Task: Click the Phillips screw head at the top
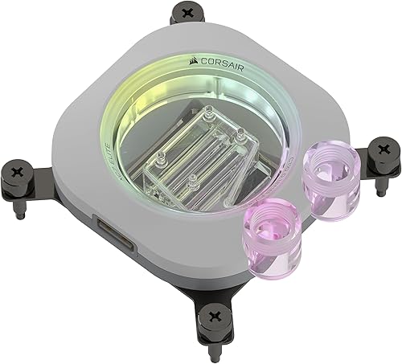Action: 190,12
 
